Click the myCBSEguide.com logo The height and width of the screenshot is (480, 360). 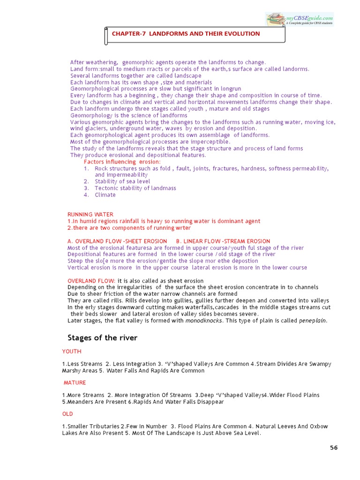tap(300, 19)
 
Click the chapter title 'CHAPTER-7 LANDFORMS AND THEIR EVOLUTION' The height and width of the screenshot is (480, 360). tap(186, 34)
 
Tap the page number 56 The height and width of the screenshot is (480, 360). tap(334, 448)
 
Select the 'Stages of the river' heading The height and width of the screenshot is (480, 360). tap(102, 337)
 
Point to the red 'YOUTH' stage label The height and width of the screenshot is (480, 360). tap(72, 351)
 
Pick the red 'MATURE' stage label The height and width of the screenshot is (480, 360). tap(75, 382)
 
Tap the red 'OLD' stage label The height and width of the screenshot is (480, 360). tap(68, 414)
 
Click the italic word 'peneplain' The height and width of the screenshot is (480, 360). tap(313, 321)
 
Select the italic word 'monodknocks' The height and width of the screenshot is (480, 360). tap(204, 321)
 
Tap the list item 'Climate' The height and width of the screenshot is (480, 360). tap(105, 195)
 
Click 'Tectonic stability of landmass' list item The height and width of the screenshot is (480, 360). tap(135, 188)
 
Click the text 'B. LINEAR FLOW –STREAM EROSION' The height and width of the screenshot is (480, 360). tap(223, 241)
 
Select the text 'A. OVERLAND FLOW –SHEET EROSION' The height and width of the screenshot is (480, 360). tap(118, 241)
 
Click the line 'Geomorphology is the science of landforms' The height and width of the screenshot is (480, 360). tap(129, 115)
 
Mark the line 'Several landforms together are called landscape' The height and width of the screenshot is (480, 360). tap(136, 75)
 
